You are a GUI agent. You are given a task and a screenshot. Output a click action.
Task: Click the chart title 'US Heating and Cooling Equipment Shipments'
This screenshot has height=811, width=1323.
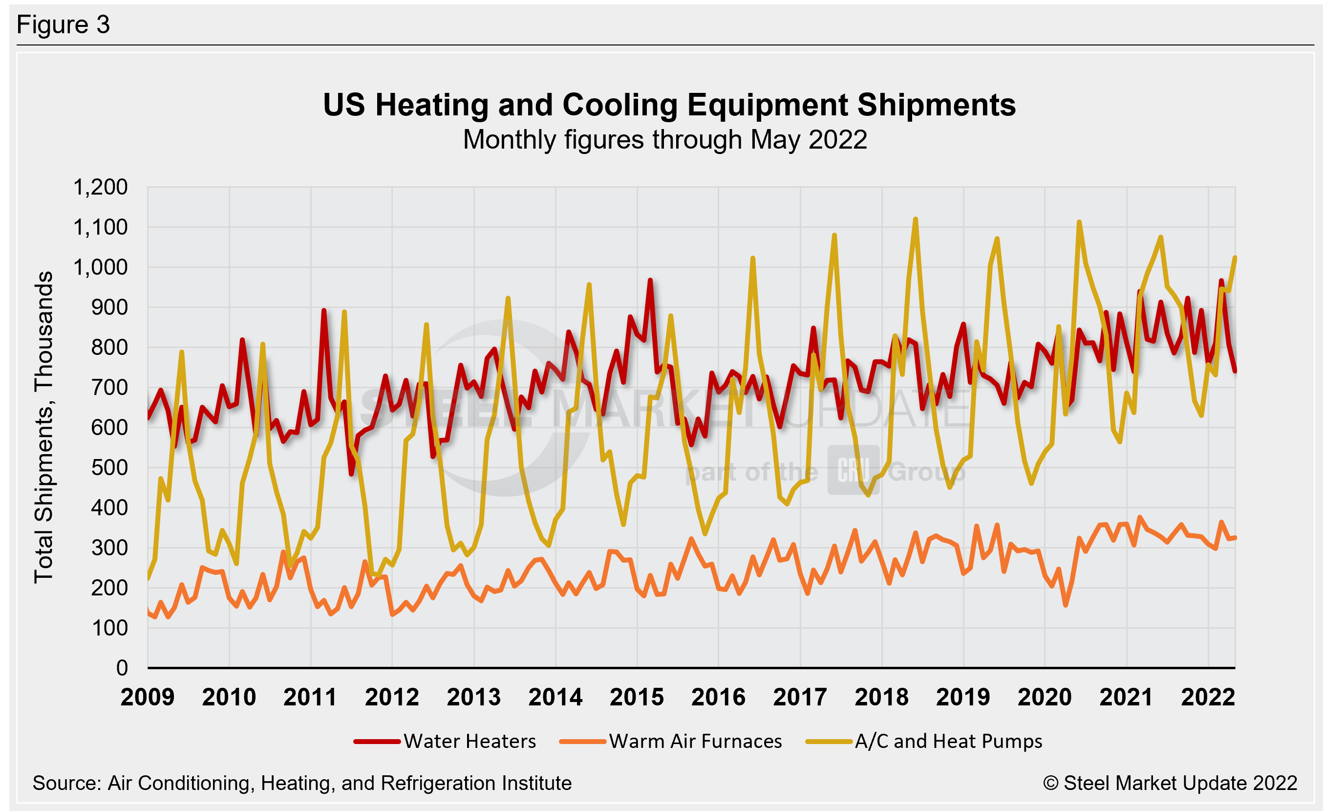click(x=669, y=105)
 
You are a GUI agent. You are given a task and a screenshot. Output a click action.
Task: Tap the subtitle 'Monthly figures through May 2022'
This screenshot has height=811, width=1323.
click(x=665, y=140)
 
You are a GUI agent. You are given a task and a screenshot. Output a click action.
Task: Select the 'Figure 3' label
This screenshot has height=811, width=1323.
click(x=64, y=25)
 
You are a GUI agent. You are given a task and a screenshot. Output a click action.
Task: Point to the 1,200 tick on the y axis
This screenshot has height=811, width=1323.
click(x=101, y=187)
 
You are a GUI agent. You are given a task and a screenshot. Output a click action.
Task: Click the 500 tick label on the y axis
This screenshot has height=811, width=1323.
click(x=109, y=468)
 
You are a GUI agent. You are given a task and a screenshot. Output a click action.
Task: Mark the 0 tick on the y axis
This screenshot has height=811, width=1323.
click(x=122, y=668)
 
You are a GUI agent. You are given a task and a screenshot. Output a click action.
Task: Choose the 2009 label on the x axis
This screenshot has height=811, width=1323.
click(x=148, y=697)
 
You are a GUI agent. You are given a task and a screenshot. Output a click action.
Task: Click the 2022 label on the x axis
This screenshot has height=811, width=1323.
click(x=1208, y=697)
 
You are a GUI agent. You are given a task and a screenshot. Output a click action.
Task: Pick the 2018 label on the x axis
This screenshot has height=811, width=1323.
click(x=882, y=697)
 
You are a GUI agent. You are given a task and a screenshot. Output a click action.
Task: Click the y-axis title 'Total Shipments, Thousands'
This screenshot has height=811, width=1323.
click(x=44, y=427)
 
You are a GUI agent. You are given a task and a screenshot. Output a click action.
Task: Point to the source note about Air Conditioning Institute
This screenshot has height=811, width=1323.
click(x=302, y=783)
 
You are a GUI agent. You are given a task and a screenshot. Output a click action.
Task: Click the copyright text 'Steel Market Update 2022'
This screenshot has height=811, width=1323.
click(x=1171, y=783)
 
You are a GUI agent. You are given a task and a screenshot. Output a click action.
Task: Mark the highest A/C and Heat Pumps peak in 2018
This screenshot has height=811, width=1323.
click(x=916, y=219)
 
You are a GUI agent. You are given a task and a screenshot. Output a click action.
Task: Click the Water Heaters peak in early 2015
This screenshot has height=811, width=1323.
click(x=650, y=281)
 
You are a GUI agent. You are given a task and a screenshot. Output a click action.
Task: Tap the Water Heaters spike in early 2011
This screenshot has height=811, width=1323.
click(x=324, y=310)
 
